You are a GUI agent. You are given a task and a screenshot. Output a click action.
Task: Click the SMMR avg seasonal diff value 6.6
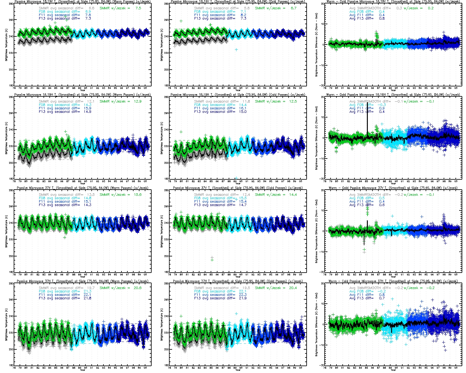click(x=91, y=8)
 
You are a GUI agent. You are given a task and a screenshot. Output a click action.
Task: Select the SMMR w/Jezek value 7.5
click(x=138, y=8)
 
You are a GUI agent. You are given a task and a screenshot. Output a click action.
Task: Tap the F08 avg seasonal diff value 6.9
click(x=88, y=12)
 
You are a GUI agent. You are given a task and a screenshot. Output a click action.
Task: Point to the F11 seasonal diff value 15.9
click(x=88, y=108)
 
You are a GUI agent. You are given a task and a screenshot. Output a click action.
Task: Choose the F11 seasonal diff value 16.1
click(x=243, y=108)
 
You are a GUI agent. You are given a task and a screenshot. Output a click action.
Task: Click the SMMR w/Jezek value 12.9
click(x=138, y=101)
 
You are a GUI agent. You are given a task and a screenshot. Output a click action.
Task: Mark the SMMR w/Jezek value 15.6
click(x=138, y=195)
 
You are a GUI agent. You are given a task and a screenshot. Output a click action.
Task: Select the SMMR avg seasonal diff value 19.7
click(x=91, y=288)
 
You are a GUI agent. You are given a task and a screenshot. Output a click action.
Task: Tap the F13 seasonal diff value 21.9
click(x=243, y=298)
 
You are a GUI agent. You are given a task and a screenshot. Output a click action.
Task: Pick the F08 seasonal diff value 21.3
click(x=88, y=291)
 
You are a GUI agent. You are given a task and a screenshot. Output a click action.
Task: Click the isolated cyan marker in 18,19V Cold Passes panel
click(x=236, y=49)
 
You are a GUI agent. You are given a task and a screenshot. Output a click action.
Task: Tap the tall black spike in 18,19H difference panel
click(x=367, y=118)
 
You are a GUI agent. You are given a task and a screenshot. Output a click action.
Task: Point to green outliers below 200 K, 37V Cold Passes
click(x=212, y=259)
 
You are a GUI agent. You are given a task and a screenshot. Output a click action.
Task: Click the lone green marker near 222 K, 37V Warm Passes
click(x=65, y=237)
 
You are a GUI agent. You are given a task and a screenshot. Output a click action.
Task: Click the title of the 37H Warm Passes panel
click(x=83, y=281)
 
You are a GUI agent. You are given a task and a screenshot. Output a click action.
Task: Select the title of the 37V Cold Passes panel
click(x=238, y=188)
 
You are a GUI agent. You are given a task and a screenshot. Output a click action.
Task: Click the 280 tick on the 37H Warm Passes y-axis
click(x=11, y=283)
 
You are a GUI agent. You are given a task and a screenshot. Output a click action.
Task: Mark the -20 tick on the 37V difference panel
click(x=322, y=272)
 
